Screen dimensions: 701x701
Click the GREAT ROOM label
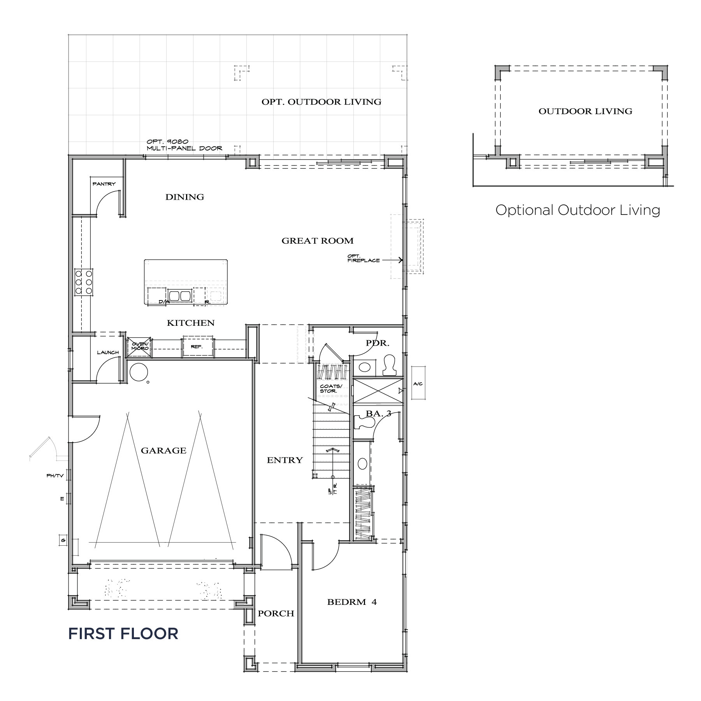click(318, 241)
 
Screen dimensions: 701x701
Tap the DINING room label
click(184, 197)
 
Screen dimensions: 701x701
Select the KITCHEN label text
click(191, 323)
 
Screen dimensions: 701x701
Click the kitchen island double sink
click(180, 296)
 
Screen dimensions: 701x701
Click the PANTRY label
click(104, 184)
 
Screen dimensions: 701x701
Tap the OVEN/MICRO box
click(139, 346)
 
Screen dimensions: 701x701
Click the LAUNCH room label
click(108, 353)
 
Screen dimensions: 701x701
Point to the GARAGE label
click(163, 451)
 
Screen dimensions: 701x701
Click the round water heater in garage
click(138, 372)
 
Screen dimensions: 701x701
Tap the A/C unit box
click(418, 383)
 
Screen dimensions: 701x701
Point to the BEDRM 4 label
click(352, 602)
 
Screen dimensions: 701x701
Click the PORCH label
click(276, 613)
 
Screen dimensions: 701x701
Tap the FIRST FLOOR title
click(123, 634)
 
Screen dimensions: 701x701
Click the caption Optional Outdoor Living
click(578, 210)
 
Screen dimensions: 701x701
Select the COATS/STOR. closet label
click(331, 388)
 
